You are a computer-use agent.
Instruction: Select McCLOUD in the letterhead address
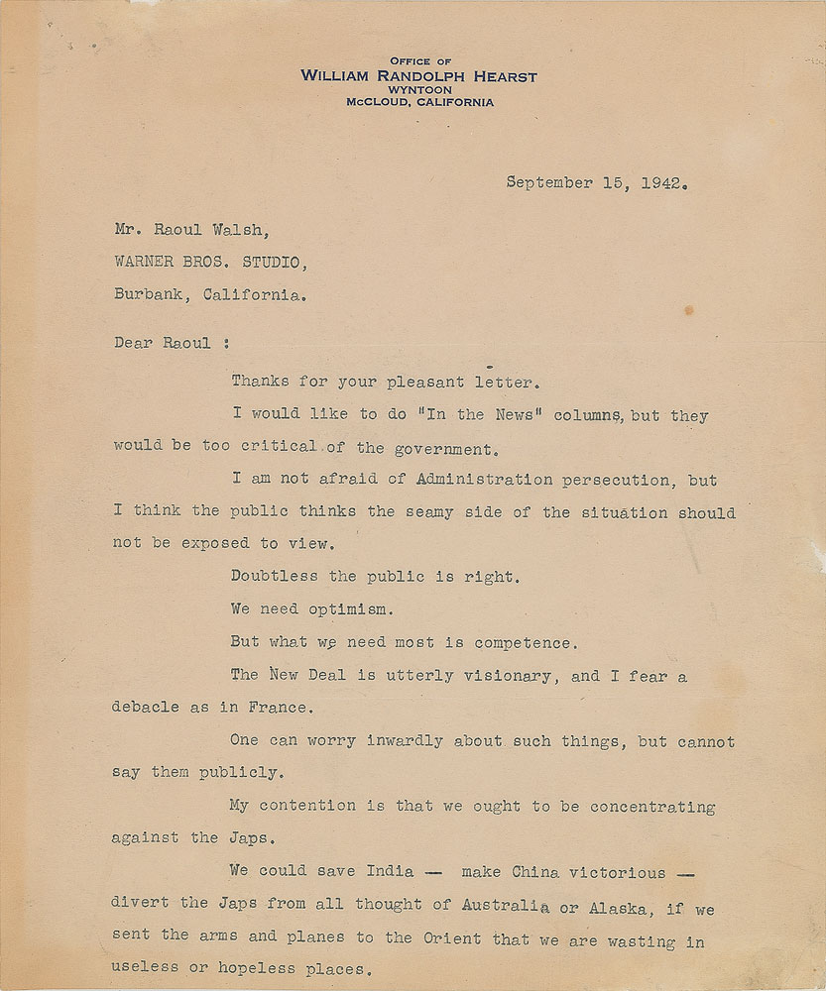pos(378,101)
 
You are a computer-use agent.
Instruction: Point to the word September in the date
pos(550,182)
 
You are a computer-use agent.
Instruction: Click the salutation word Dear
pos(134,345)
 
